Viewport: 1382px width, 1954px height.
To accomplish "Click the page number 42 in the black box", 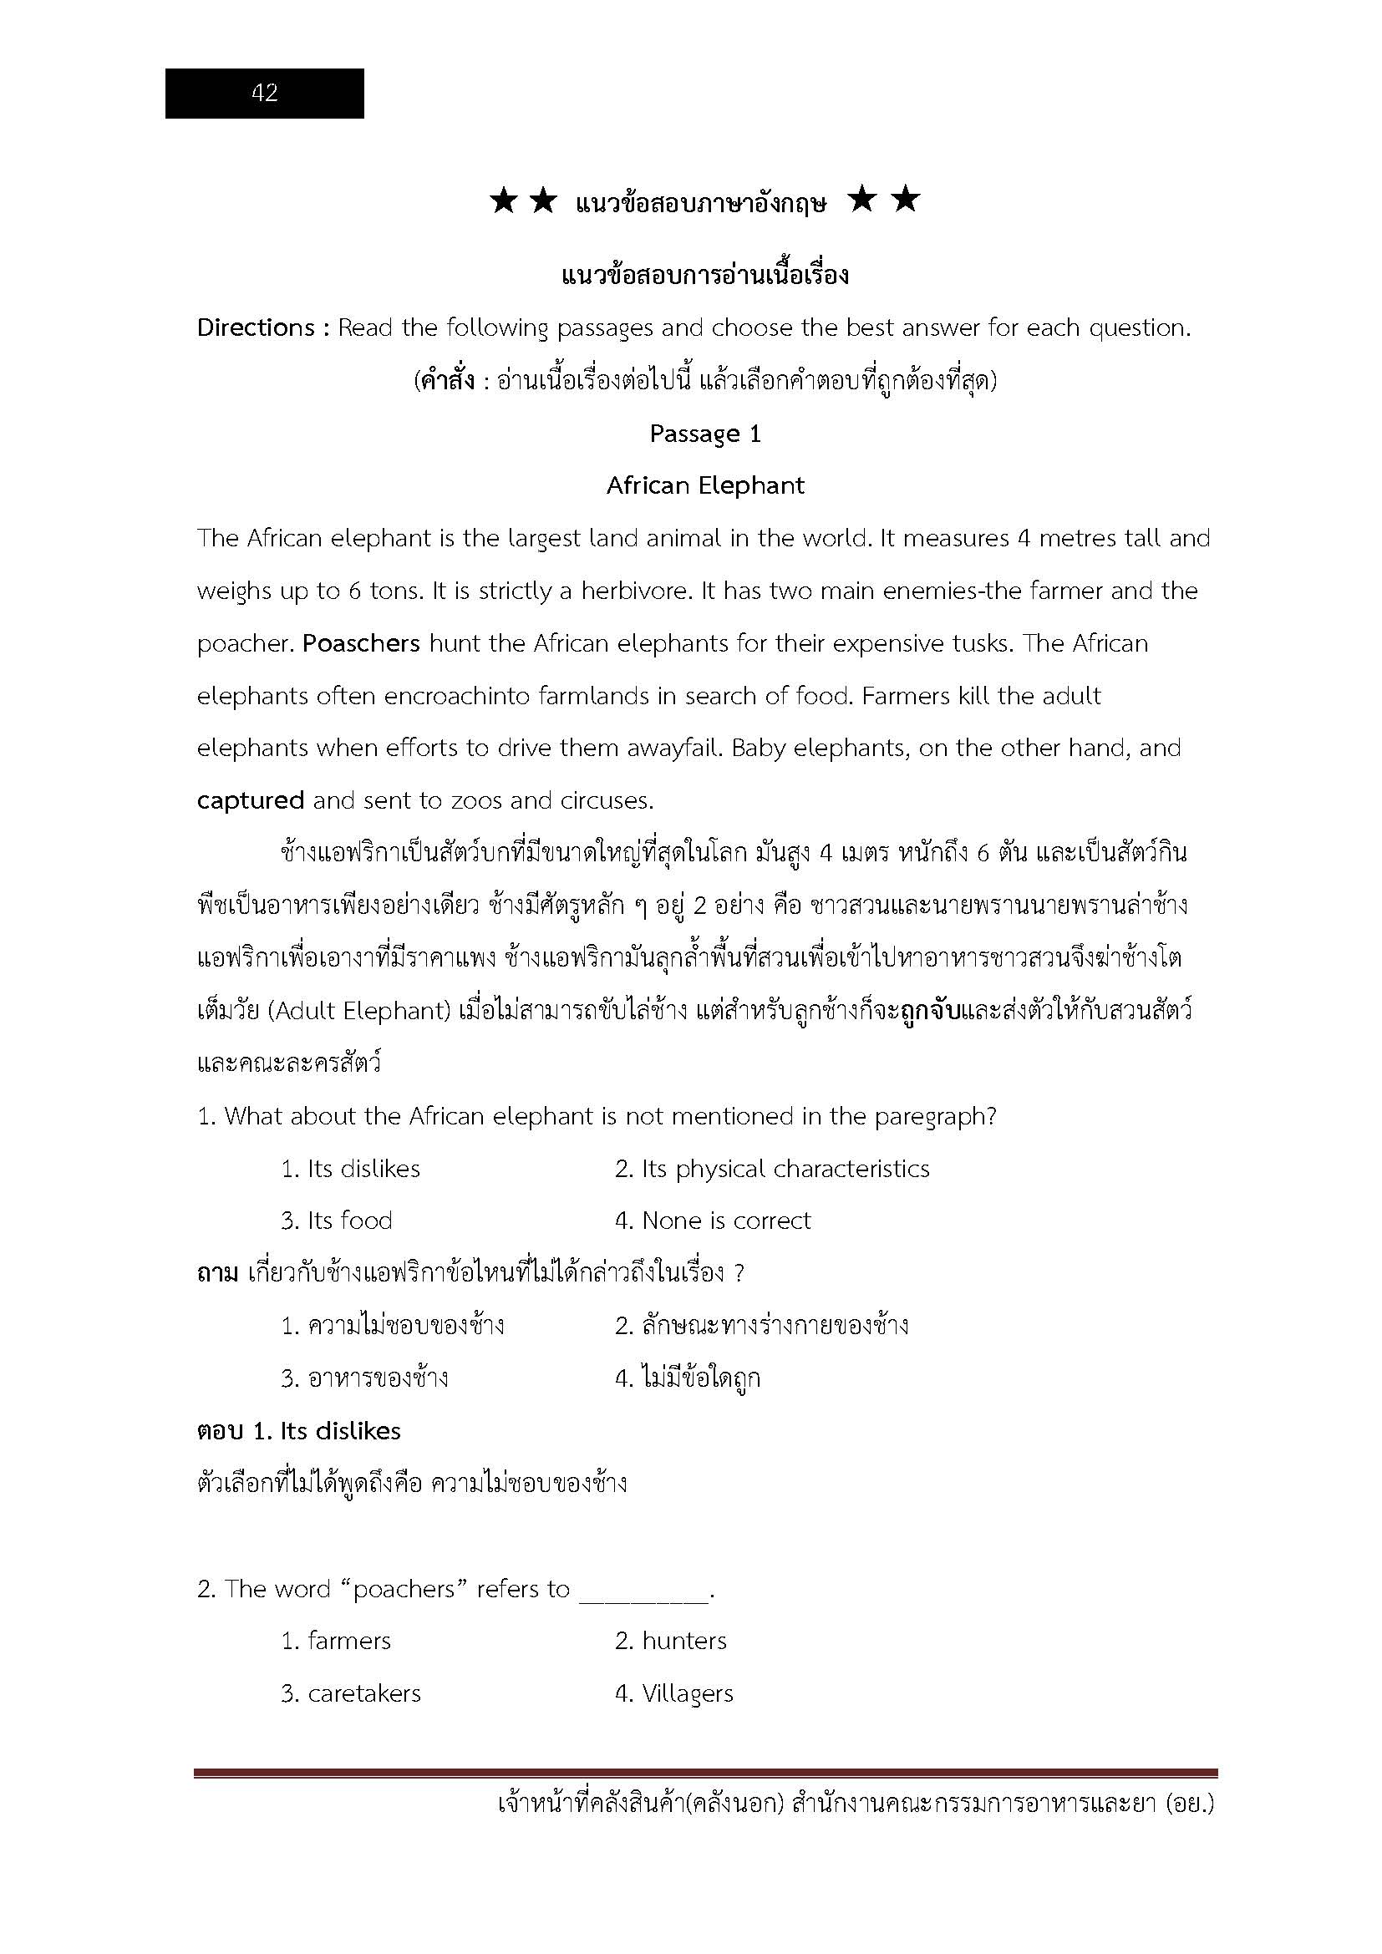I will pyautogui.click(x=265, y=93).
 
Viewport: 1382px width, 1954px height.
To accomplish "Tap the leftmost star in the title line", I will pyautogui.click(x=503, y=201).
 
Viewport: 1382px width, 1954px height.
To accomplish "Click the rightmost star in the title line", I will pyautogui.click(x=907, y=200).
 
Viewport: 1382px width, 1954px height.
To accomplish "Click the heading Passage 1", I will pyautogui.click(x=704, y=434).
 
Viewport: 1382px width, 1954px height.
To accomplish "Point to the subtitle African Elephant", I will pyautogui.click(x=704, y=486).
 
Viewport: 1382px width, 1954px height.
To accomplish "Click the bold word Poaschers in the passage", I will pyautogui.click(x=362, y=643).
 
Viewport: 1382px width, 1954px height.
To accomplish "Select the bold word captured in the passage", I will pyautogui.click(x=250, y=801).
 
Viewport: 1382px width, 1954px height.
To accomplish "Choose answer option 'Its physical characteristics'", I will pyautogui.click(x=772, y=1170).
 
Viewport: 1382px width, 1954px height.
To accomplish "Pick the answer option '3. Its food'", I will pyautogui.click(x=337, y=1221).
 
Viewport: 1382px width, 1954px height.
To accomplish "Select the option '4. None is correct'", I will pyautogui.click(x=712, y=1221).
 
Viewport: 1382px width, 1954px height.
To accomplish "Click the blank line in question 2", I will pyautogui.click(x=643, y=1590).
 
